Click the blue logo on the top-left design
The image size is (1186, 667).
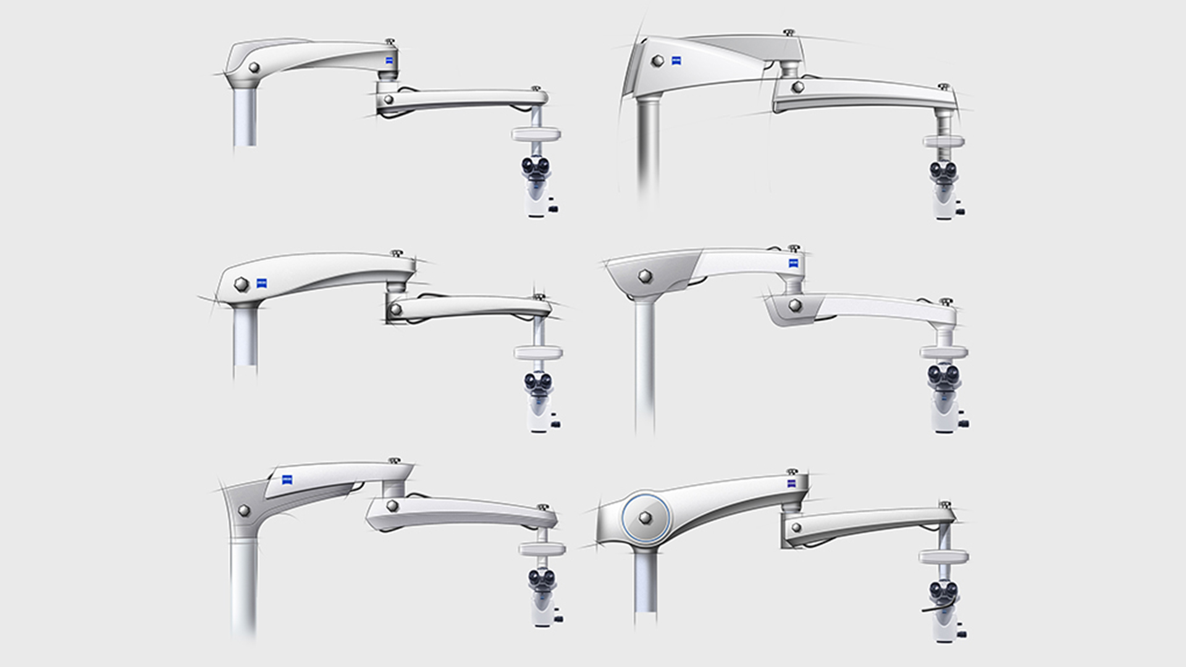pos(390,61)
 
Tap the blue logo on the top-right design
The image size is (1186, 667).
pos(676,61)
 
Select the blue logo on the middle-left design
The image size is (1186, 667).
pos(262,283)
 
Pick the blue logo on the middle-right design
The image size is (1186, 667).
pos(794,264)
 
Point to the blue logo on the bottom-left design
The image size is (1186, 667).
pos(287,479)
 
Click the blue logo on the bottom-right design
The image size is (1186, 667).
pos(793,483)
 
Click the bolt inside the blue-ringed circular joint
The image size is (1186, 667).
pos(646,518)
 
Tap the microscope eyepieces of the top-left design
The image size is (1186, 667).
pos(536,166)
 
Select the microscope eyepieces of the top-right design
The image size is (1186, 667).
pos(943,169)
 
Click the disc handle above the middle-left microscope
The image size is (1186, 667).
pos(538,353)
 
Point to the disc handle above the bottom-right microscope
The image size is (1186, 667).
pos(943,557)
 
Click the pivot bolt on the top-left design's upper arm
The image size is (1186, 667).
pos(253,67)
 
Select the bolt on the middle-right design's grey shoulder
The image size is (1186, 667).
pos(646,276)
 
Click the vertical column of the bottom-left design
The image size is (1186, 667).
pos(243,587)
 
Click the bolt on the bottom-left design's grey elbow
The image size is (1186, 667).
pos(244,511)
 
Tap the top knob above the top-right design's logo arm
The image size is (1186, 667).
pos(789,32)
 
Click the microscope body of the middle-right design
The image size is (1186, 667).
pos(943,411)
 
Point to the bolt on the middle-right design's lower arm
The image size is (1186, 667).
pos(796,305)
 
